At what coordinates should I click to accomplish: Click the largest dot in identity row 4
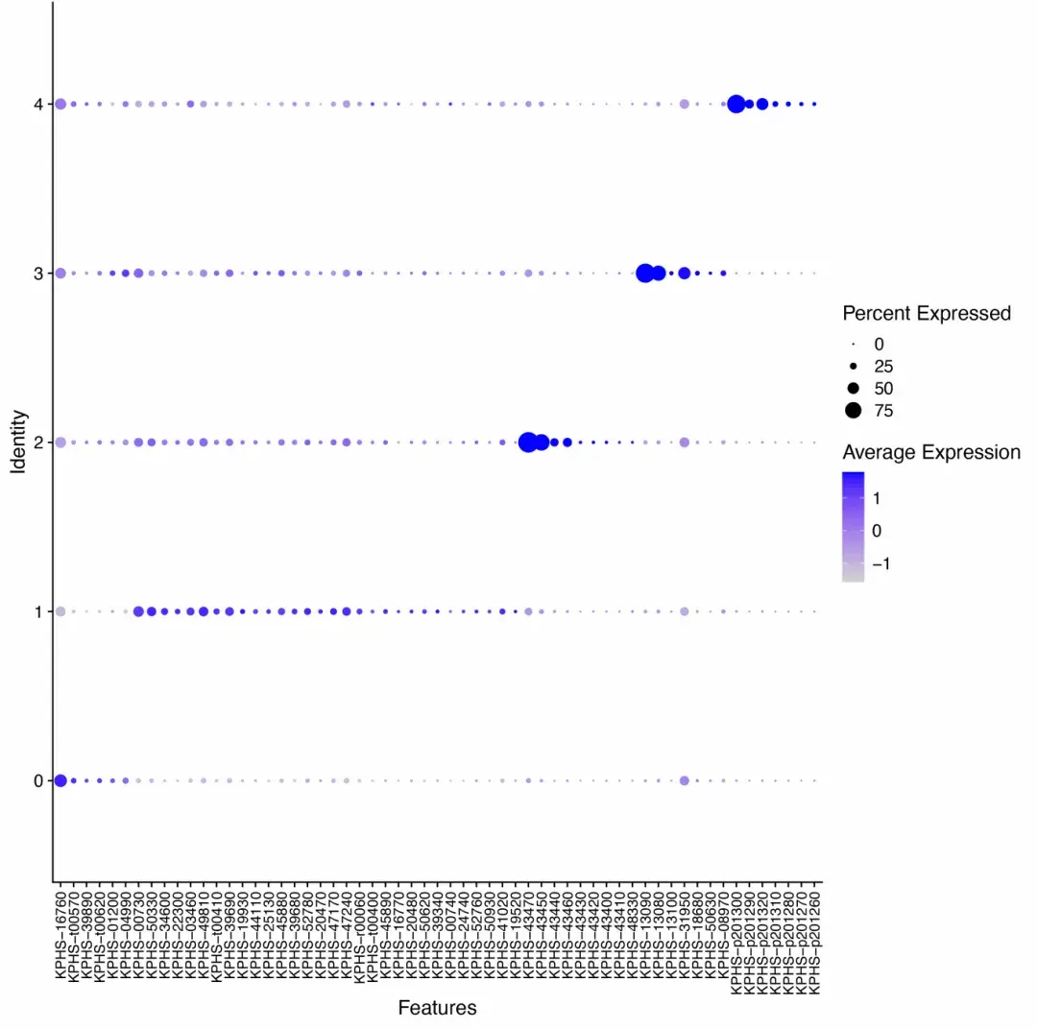pyautogui.click(x=736, y=104)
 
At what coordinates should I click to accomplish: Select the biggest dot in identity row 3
pyautogui.click(x=645, y=273)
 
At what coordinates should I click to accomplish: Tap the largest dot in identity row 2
pyautogui.click(x=528, y=443)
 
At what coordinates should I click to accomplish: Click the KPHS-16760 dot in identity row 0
pyautogui.click(x=60, y=780)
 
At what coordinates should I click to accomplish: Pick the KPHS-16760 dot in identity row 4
pyautogui.click(x=60, y=104)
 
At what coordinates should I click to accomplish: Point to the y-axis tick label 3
pyautogui.click(x=37, y=274)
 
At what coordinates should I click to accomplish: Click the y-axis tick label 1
pyautogui.click(x=37, y=611)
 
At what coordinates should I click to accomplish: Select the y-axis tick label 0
pyautogui.click(x=37, y=780)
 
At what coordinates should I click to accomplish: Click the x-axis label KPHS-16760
pyautogui.click(x=60, y=937)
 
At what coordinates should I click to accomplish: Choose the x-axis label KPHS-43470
pyautogui.click(x=528, y=937)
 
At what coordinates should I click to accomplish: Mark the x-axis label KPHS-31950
pyautogui.click(x=685, y=937)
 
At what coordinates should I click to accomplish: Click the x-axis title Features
pyautogui.click(x=437, y=1008)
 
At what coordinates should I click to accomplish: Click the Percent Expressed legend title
pyautogui.click(x=927, y=313)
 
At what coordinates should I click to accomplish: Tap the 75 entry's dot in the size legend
pyautogui.click(x=853, y=411)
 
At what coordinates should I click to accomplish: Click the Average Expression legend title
pyautogui.click(x=931, y=452)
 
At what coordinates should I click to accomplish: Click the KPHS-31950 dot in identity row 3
pyautogui.click(x=685, y=273)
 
